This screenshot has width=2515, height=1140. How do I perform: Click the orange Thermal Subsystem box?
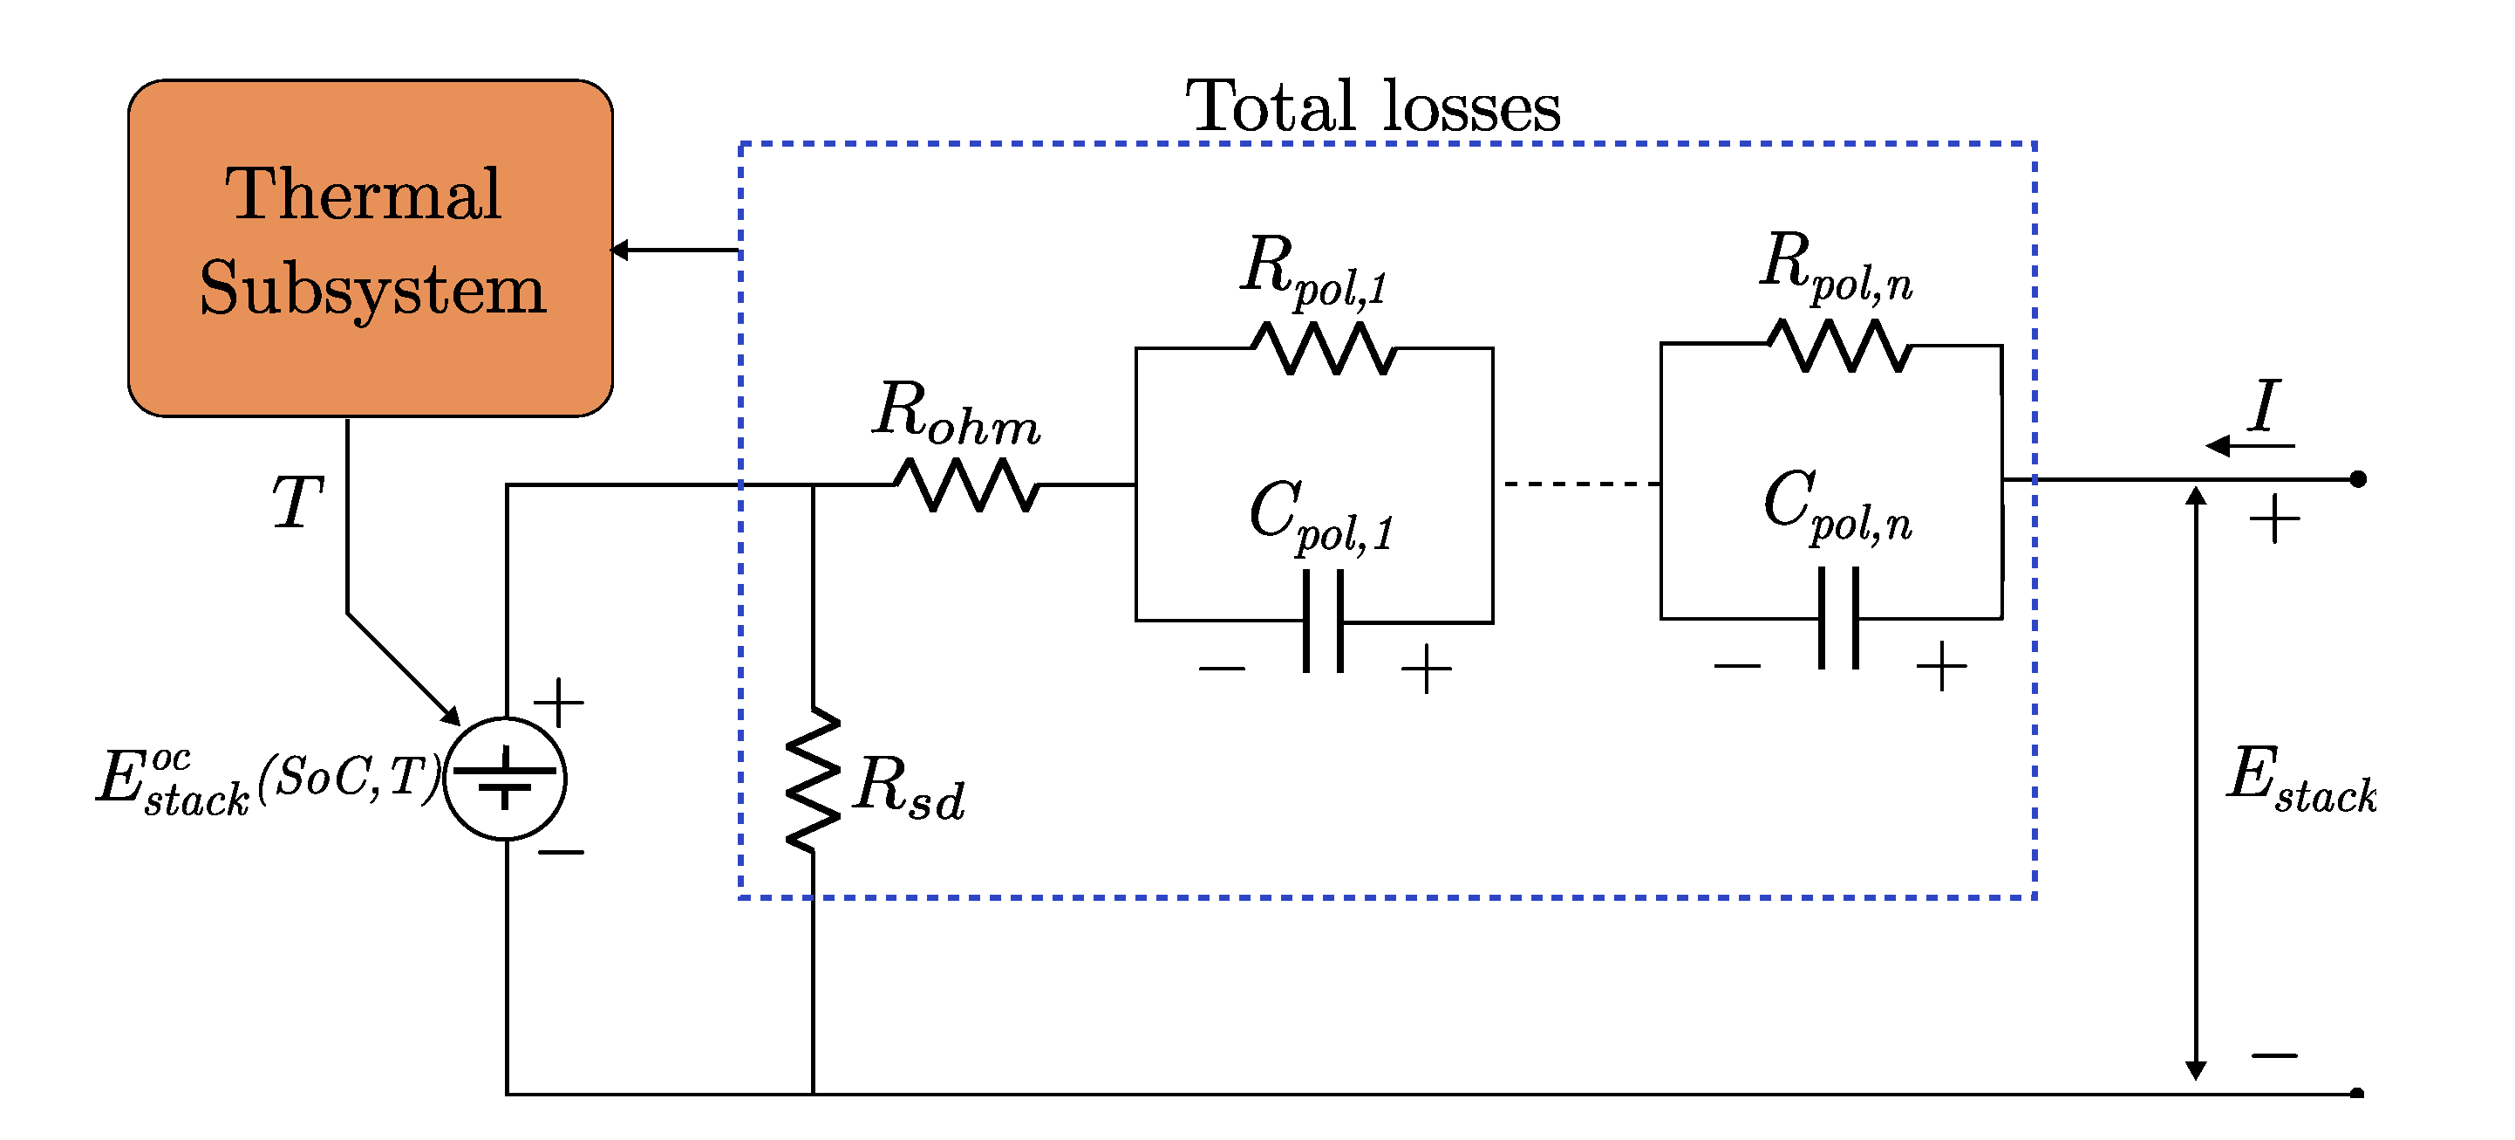tap(370, 248)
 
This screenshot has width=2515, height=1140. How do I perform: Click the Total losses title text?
tap(1371, 106)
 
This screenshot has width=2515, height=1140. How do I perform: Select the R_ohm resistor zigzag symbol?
tap(965, 485)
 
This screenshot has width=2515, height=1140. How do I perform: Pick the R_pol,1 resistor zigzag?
tap(1323, 349)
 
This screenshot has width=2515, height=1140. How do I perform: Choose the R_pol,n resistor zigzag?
tap(1838, 346)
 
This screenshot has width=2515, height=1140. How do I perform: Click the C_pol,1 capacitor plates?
tap(1323, 622)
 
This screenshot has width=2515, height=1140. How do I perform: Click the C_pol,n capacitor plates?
tap(1838, 618)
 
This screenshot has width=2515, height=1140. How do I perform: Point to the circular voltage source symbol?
tap(505, 779)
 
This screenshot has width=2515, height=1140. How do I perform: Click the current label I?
tap(2264, 405)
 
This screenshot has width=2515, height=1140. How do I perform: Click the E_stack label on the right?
tap(2300, 779)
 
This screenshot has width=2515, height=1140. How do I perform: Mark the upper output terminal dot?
tap(2358, 478)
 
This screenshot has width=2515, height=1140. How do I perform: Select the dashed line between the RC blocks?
tap(1582, 484)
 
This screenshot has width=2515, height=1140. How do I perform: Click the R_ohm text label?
tap(955, 413)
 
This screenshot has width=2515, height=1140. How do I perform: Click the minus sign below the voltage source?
tap(561, 853)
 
